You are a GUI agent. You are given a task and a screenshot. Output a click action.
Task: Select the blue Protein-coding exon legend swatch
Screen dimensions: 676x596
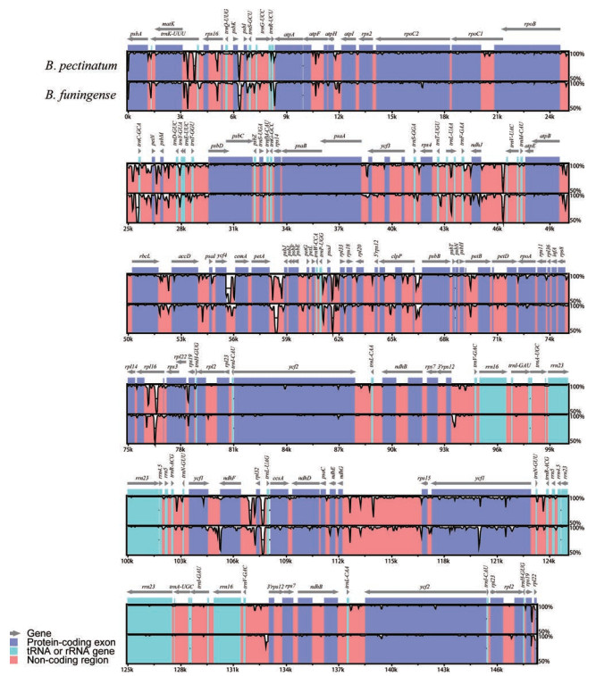point(15,640)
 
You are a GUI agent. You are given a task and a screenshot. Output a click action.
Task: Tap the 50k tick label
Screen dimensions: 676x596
point(130,339)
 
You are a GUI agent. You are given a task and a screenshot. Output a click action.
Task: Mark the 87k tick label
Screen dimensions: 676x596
point(340,449)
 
